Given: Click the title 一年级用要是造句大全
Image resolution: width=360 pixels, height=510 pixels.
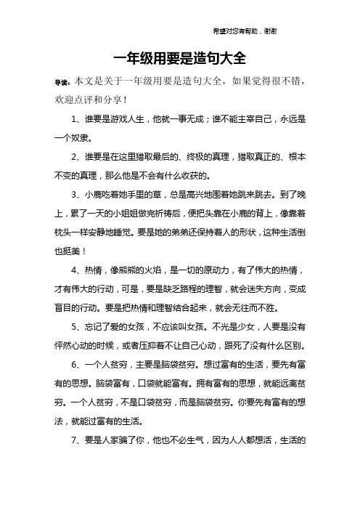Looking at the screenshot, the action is click(x=180, y=58).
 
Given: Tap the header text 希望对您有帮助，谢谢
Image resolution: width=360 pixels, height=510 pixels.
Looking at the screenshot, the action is click(x=243, y=32).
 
